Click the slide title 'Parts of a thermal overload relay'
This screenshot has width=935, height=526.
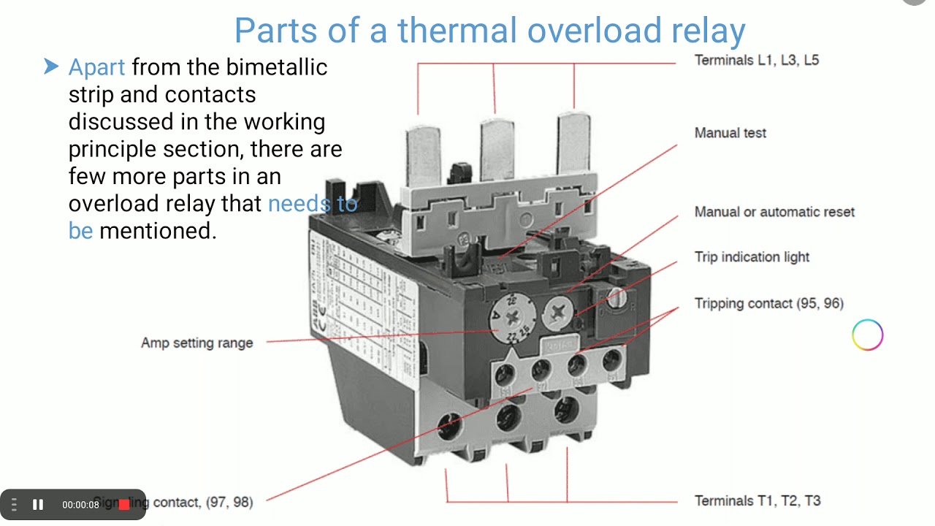click(x=489, y=31)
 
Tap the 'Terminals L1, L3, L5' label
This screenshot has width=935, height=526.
click(x=756, y=61)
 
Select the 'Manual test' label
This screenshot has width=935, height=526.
click(x=730, y=133)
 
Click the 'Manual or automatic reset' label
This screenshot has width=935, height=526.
click(x=774, y=212)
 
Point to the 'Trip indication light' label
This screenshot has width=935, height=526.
click(x=752, y=257)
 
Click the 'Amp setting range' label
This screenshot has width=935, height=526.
click(x=196, y=343)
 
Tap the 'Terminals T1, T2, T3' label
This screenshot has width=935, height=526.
click(x=757, y=500)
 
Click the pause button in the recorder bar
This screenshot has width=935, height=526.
click(x=38, y=504)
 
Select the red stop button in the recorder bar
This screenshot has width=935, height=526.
click(x=124, y=504)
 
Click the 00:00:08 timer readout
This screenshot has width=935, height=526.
click(x=80, y=504)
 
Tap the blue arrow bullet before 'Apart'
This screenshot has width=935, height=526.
click(x=51, y=67)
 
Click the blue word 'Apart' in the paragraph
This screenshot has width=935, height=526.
click(x=96, y=67)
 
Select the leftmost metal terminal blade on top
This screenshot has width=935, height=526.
click(x=421, y=150)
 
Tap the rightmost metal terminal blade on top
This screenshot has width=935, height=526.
click(x=573, y=142)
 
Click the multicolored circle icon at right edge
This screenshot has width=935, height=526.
click(x=867, y=335)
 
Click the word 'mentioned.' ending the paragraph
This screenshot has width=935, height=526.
click(x=158, y=231)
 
